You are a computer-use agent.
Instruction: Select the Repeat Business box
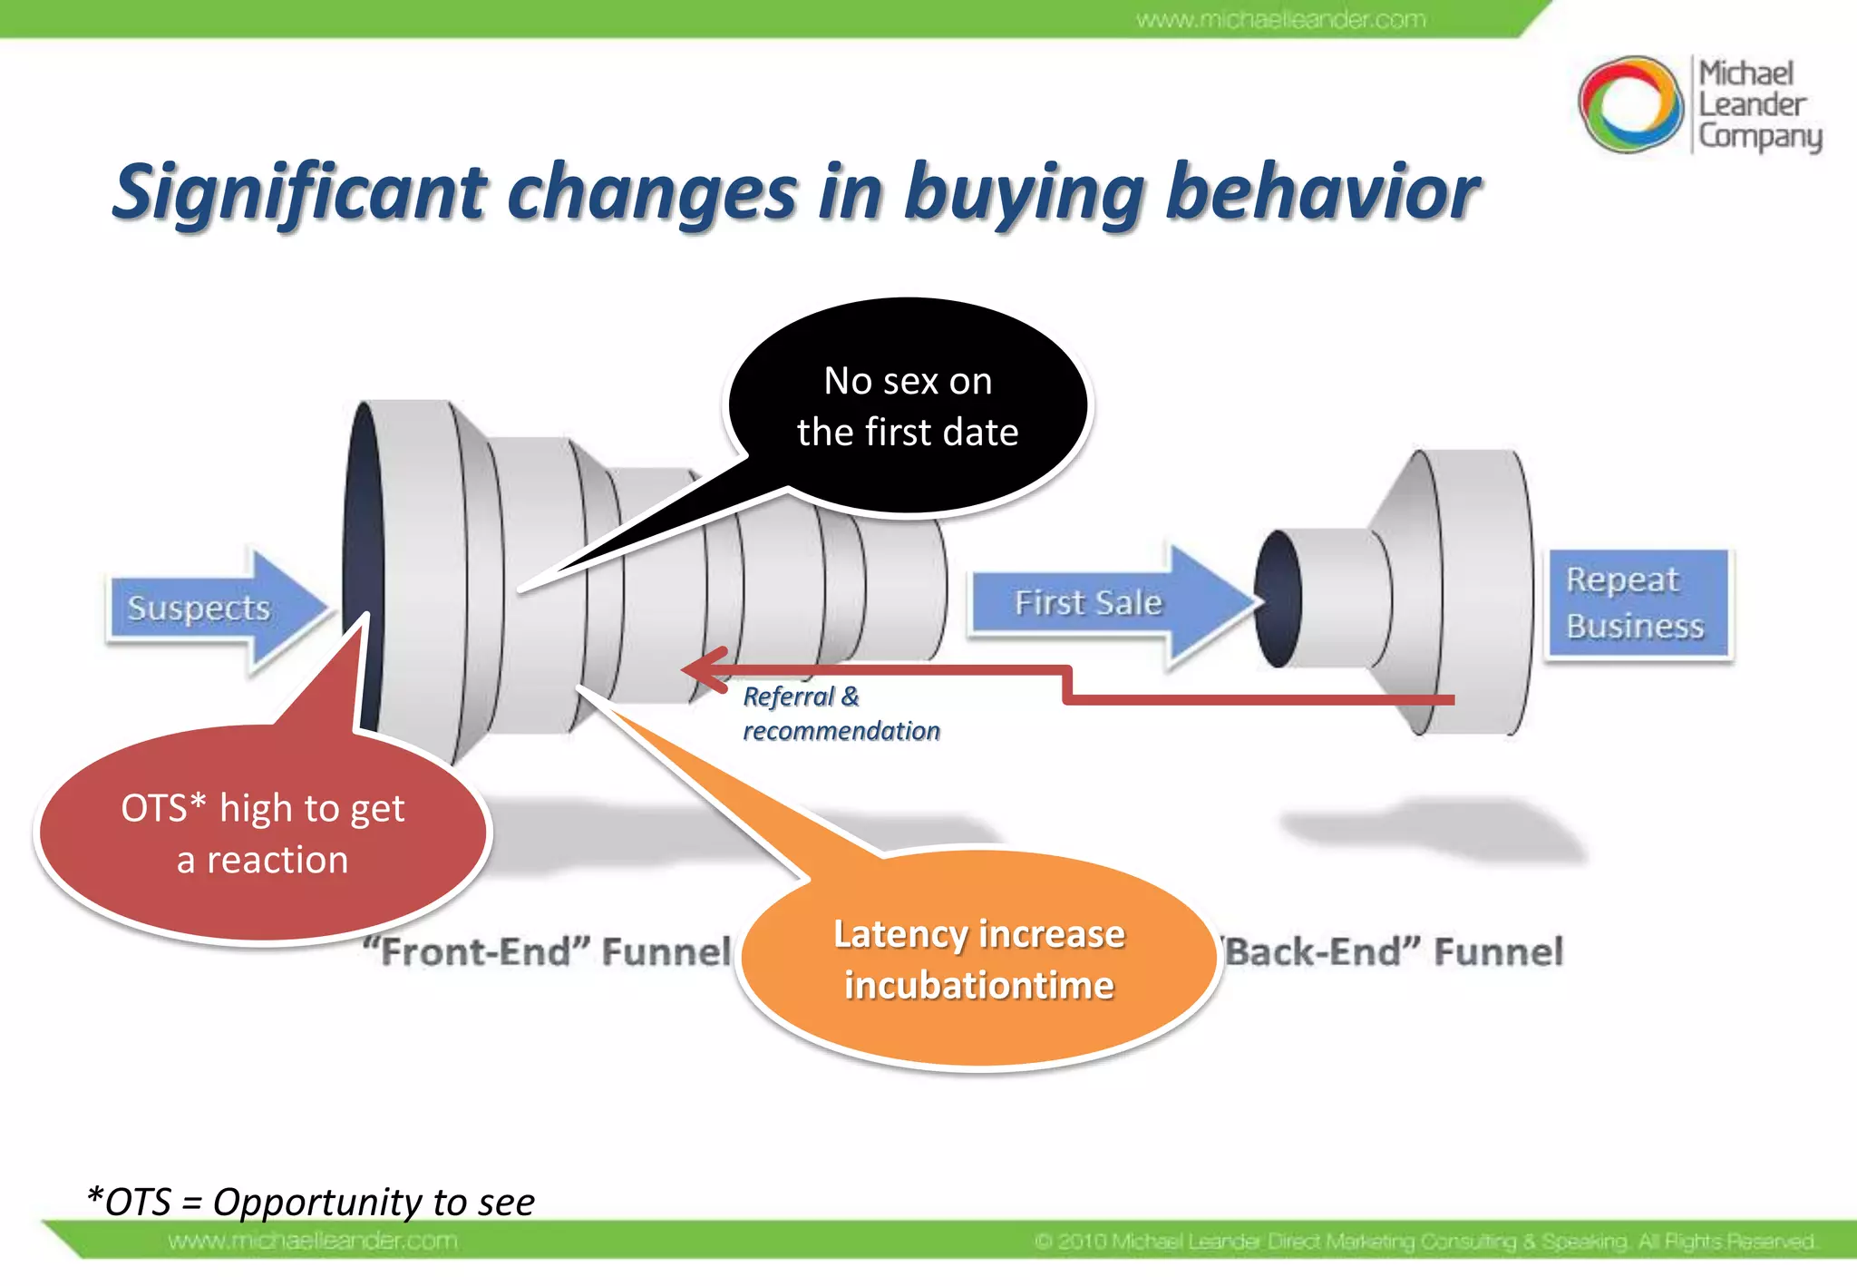(1638, 603)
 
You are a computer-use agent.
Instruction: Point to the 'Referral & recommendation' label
(840, 714)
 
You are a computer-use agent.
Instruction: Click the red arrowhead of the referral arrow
(704, 669)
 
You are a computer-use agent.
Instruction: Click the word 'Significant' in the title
(300, 193)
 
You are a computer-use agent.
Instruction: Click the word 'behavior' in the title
(1323, 193)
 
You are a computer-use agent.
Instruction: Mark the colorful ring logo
(1630, 104)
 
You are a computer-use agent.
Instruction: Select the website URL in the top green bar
(1280, 19)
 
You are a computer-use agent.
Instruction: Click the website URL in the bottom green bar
(313, 1241)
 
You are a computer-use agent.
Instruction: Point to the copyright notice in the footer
(1424, 1241)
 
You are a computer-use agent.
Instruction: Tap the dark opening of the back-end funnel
(1279, 599)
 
